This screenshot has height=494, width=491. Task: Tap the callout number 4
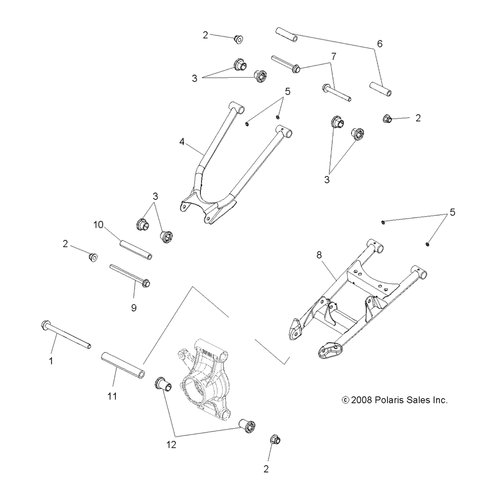182,142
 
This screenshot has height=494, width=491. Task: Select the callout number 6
379,44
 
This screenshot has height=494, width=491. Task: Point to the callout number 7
333,56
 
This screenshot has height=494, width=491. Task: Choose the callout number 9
134,308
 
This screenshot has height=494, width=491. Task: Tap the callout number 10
98,224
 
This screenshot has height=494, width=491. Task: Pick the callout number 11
112,396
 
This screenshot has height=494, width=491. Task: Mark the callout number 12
171,445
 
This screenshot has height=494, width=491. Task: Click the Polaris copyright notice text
395,400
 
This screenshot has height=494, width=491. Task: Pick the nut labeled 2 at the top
239,38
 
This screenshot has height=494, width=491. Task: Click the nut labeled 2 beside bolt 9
92,256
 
